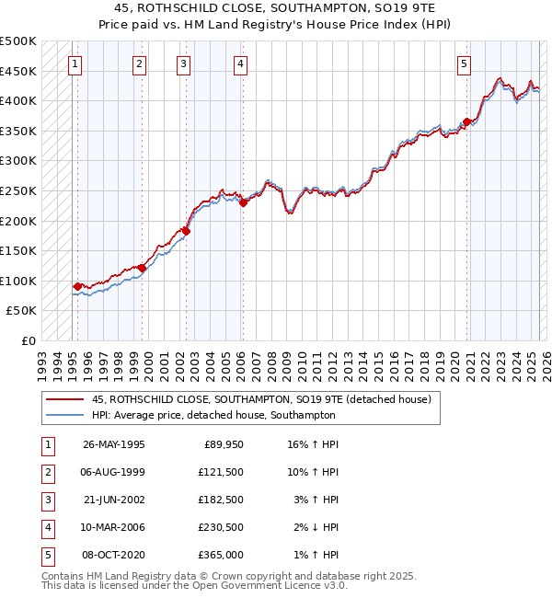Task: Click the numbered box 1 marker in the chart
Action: click(x=74, y=64)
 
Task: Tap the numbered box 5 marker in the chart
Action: click(x=464, y=64)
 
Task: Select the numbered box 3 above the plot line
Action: click(x=184, y=64)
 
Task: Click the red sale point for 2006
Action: click(x=243, y=203)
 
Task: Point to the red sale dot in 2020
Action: click(x=467, y=121)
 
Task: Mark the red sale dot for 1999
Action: click(x=142, y=268)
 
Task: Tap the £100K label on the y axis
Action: click(x=19, y=281)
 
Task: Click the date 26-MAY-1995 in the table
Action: click(x=114, y=444)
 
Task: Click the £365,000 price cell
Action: click(x=220, y=555)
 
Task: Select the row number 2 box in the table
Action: click(x=46, y=472)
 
